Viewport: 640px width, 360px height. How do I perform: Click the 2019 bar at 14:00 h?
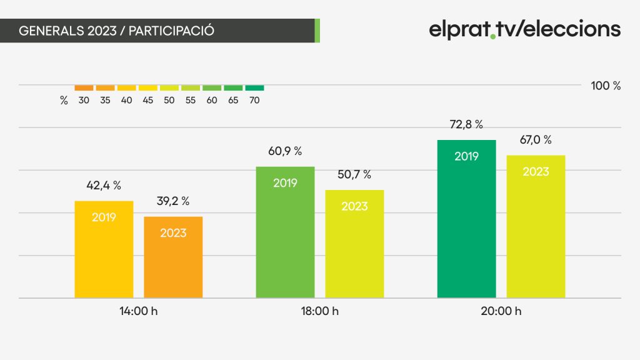[104, 249]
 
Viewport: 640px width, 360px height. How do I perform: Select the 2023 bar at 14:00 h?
[173, 257]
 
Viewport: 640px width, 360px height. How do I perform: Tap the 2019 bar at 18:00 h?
[285, 232]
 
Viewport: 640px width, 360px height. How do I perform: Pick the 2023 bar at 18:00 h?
[354, 244]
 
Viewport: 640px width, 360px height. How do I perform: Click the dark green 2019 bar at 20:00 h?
[466, 219]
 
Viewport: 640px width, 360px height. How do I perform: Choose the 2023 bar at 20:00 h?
[536, 226]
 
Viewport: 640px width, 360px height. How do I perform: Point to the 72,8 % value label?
[466, 124]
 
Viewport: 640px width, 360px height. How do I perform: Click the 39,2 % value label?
[173, 201]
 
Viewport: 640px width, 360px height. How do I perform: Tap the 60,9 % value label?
[285, 151]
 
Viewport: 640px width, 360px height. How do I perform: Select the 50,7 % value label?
[354, 175]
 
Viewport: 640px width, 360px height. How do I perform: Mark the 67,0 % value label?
[536, 140]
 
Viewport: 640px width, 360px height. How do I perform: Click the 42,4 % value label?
[104, 186]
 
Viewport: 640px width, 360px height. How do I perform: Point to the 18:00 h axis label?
[319, 311]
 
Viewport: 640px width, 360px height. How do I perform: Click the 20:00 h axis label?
[501, 311]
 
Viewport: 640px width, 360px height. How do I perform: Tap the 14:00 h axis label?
[138, 311]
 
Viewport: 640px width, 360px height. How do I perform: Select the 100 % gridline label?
[606, 86]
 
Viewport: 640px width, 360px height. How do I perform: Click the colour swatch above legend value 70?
[254, 87]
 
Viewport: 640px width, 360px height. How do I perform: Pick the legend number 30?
[84, 101]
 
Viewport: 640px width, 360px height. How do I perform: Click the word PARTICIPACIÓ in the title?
[171, 31]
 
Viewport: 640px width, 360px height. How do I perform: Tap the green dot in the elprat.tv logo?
[493, 37]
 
